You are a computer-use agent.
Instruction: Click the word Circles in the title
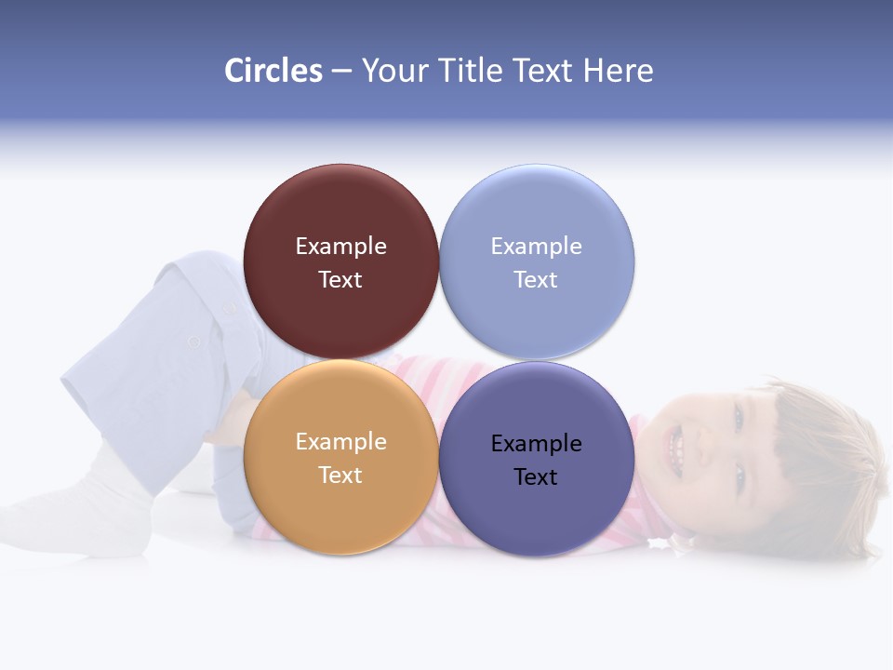click(x=273, y=71)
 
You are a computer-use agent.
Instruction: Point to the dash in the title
click(x=341, y=72)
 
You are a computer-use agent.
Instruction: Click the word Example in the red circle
click(x=340, y=247)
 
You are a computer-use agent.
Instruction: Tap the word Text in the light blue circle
click(x=536, y=280)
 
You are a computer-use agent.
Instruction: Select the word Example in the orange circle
click(x=340, y=442)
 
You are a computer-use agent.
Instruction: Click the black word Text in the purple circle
click(x=536, y=477)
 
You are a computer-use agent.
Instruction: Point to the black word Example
click(x=536, y=444)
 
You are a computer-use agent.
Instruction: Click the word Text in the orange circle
click(x=340, y=476)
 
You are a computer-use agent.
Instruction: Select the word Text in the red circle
click(x=340, y=280)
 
